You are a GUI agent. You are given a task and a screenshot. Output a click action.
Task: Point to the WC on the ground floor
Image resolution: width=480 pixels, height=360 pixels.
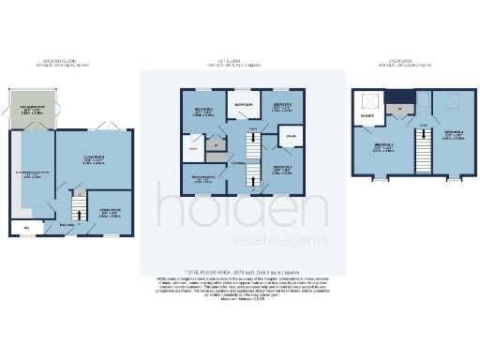click(x=25, y=227)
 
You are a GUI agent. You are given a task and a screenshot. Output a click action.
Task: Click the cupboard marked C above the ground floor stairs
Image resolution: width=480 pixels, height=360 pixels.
click(x=81, y=192)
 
